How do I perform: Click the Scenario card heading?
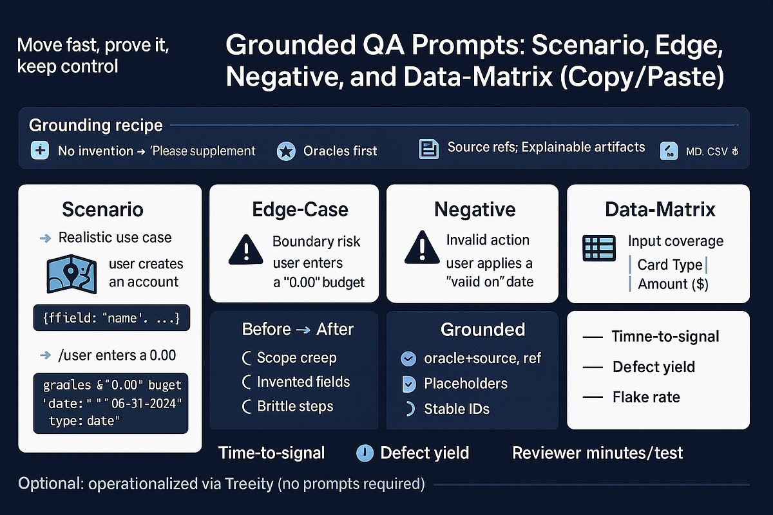coord(102,209)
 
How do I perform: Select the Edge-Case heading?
coord(300,209)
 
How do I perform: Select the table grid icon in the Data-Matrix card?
coord(598,248)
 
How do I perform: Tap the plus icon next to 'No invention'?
coord(40,151)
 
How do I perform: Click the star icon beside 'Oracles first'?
coord(285,151)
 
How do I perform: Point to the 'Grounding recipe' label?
coord(96,125)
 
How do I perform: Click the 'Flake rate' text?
coord(646,397)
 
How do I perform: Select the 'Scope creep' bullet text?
coord(296,358)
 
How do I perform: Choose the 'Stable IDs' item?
coord(456,409)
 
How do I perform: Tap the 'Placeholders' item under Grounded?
coord(465,384)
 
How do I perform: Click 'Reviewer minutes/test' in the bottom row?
coord(597,453)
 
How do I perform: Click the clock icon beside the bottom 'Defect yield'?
coord(365,453)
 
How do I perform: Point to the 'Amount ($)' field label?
coord(673,284)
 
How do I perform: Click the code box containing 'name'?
coord(111,317)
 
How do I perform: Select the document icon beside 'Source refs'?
coord(428,149)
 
